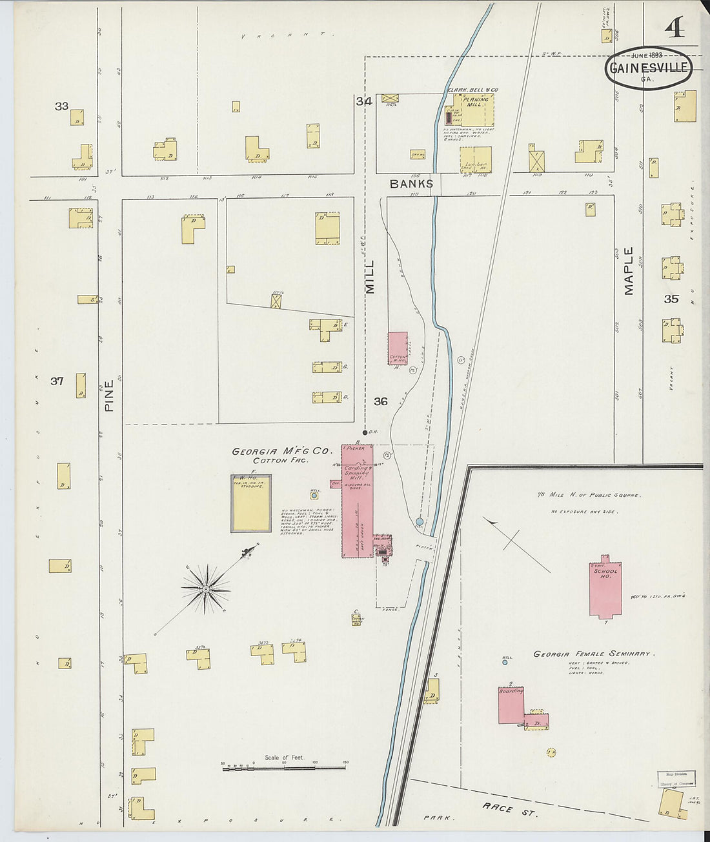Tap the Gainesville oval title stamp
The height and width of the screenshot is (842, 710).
[x=648, y=68]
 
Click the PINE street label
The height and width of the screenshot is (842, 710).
[x=108, y=395]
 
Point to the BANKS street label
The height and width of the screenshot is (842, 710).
[x=411, y=185]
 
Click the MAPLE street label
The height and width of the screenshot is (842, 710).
[x=629, y=271]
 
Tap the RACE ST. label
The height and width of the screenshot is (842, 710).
[x=509, y=808]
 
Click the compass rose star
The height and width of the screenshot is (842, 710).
[x=205, y=588]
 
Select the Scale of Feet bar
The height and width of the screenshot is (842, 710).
[x=284, y=768]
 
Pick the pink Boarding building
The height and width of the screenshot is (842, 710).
[x=511, y=705]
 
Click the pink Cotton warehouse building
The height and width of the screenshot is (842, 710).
[x=397, y=348]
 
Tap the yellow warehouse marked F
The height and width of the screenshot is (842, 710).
[x=251, y=504]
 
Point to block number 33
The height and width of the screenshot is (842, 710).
[x=61, y=106]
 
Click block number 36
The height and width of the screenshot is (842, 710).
[x=381, y=401]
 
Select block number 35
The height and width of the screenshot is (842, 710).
[x=671, y=299]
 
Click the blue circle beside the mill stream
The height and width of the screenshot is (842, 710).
[x=420, y=521]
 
